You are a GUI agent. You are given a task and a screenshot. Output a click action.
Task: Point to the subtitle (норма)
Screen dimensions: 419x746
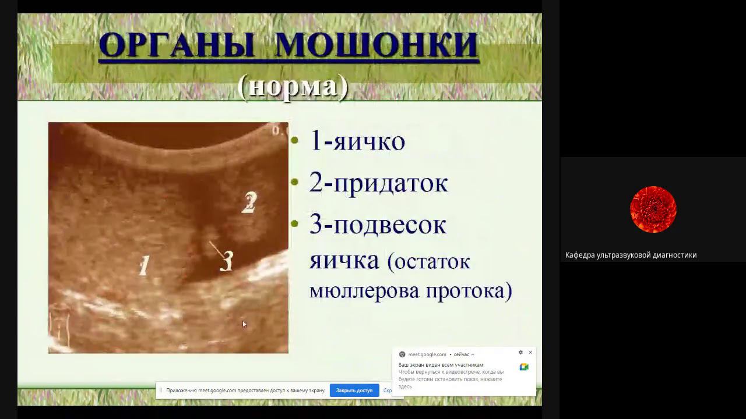pyautogui.click(x=293, y=86)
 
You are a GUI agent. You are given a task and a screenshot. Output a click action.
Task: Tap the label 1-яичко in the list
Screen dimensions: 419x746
pyautogui.click(x=357, y=141)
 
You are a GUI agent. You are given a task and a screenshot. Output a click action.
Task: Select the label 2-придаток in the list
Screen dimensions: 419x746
pyautogui.click(x=378, y=183)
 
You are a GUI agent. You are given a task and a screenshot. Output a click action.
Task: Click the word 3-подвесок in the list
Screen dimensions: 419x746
pyautogui.click(x=378, y=225)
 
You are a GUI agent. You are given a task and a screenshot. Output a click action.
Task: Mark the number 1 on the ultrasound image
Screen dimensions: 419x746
pyautogui.click(x=143, y=267)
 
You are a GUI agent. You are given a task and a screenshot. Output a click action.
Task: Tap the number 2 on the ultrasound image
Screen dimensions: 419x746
pyautogui.click(x=249, y=202)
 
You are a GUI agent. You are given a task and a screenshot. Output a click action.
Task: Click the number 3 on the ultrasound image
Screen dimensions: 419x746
pyautogui.click(x=227, y=261)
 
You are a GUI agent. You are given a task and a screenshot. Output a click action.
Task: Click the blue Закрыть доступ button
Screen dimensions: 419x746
pyautogui.click(x=354, y=390)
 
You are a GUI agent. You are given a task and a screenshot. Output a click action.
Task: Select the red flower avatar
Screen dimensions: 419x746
pyautogui.click(x=653, y=210)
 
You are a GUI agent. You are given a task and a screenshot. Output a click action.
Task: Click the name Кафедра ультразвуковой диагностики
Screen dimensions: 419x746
pyautogui.click(x=631, y=255)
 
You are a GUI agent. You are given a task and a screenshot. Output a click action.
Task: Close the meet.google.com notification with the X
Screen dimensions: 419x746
pyautogui.click(x=530, y=353)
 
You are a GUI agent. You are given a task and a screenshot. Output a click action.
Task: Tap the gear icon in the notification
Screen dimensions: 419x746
pyautogui.click(x=520, y=353)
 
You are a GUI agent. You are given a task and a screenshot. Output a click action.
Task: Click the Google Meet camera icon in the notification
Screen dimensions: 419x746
pyautogui.click(x=524, y=367)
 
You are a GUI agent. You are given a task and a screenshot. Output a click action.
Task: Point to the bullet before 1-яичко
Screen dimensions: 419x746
pyautogui.click(x=294, y=140)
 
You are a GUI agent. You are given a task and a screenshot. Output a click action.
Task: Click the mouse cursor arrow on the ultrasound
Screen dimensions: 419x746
pyautogui.click(x=244, y=324)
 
